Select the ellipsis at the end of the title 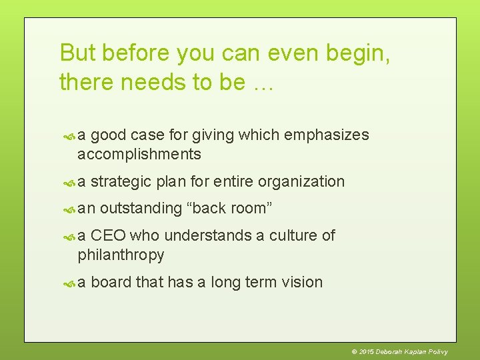tap(262, 82)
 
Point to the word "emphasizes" tap(326, 135)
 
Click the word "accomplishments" tap(139, 154)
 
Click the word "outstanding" tap(141, 208)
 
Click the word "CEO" tap(108, 235)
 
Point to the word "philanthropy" tap(121, 255)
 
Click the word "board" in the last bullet tap(111, 282)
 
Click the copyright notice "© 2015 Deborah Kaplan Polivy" tap(399, 351)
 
